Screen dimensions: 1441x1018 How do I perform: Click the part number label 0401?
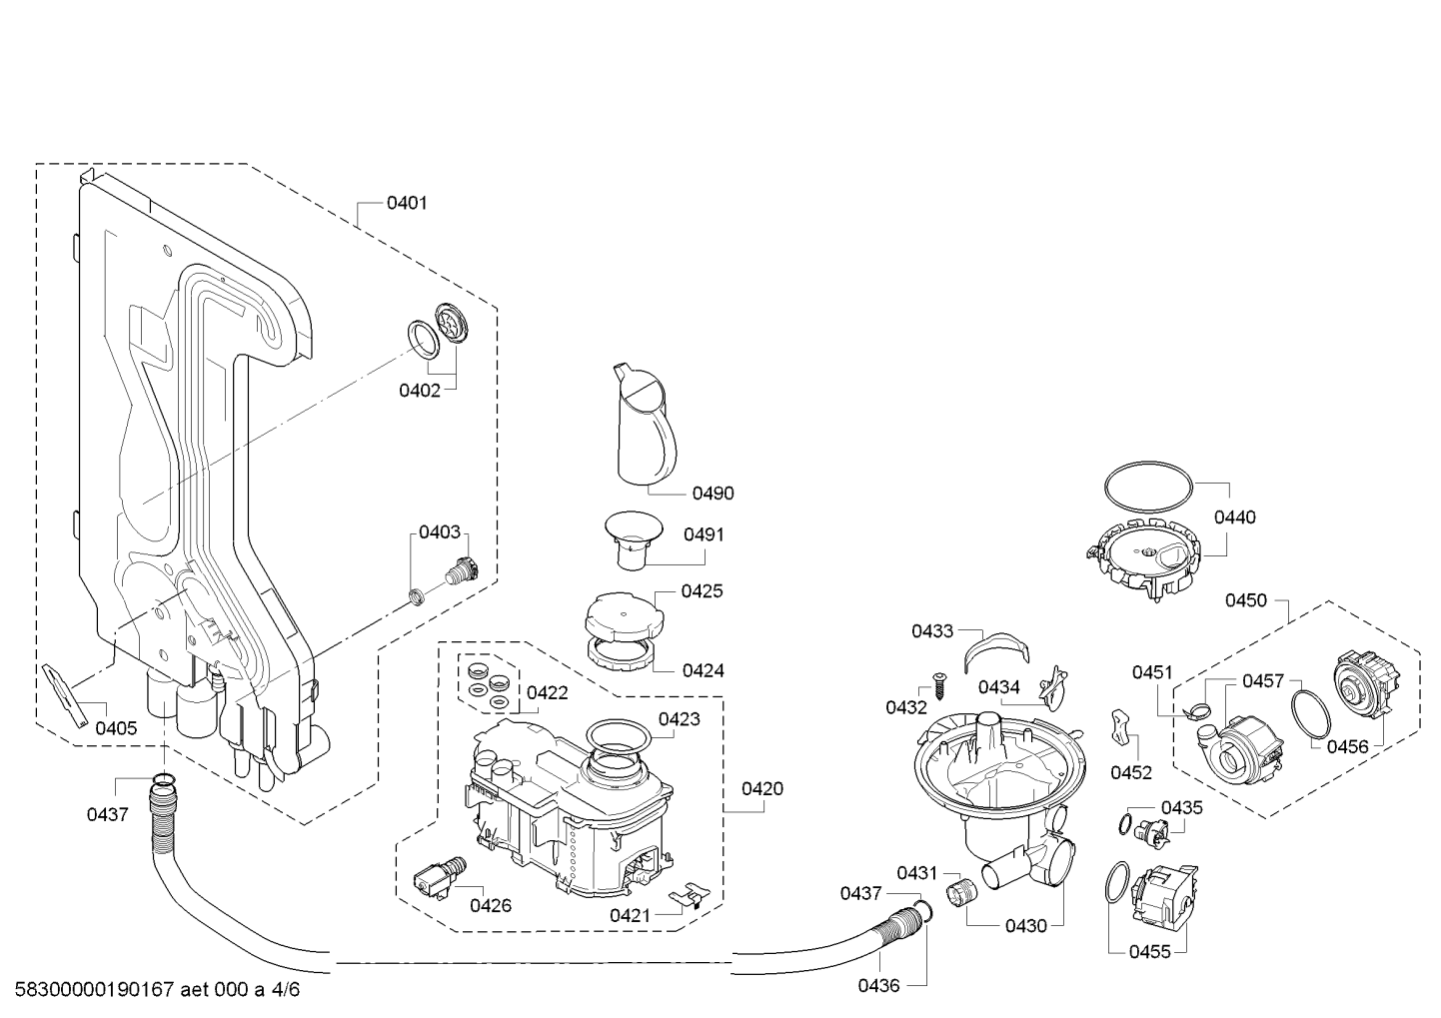pos(407,203)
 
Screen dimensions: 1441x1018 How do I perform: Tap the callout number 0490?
pos(713,494)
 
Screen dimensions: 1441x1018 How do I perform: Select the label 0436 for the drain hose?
pos(878,985)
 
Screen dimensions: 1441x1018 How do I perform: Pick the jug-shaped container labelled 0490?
pos(644,426)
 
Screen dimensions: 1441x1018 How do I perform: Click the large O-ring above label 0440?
pos(1148,487)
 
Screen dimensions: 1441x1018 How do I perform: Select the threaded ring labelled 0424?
pos(622,658)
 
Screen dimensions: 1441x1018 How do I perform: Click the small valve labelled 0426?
pos(441,877)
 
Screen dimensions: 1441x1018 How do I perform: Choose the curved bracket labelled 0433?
pos(996,650)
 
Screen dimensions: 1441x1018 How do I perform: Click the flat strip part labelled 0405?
pos(65,696)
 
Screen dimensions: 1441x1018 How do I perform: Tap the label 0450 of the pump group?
pos(1246,600)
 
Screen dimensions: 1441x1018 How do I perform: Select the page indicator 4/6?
pos(286,990)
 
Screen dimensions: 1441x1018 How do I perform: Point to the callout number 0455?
pos(1149,952)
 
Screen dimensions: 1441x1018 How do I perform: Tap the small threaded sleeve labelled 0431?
pos(961,893)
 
